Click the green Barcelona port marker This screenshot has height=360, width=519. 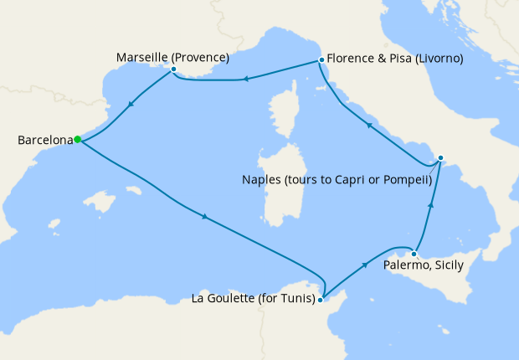(77, 140)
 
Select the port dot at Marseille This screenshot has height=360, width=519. (173, 69)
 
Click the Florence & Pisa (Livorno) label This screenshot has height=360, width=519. (395, 59)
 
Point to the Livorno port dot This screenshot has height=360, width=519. (321, 60)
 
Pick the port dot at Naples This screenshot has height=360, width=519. (441, 157)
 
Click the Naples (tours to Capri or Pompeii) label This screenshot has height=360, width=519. (337, 179)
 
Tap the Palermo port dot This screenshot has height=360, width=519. (414, 253)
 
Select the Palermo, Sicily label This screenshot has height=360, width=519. (423, 265)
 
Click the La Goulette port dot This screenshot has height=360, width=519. (321, 299)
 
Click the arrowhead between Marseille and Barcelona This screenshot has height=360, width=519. (131, 106)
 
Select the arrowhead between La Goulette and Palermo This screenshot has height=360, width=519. (366, 265)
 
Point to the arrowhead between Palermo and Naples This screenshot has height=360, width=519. (431, 203)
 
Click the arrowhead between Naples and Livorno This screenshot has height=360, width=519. (369, 125)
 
